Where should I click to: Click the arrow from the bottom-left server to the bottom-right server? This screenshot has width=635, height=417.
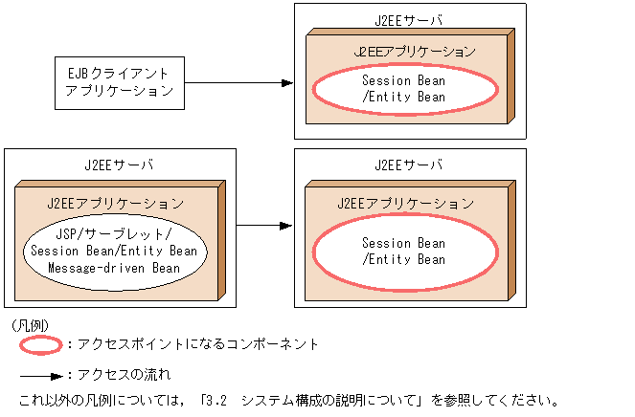pos(263,226)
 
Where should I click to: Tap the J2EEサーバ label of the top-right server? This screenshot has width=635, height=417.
pos(409,19)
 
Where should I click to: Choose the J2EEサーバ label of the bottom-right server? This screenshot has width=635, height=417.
pos(409,165)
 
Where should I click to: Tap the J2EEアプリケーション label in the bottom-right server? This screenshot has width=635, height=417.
pos(405,204)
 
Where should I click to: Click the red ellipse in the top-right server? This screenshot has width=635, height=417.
pos(405,89)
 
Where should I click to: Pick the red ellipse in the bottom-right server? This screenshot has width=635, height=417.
pos(405,252)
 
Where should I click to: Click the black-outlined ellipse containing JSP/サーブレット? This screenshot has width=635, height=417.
pos(114,252)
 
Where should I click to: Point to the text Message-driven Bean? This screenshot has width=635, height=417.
pos(114,268)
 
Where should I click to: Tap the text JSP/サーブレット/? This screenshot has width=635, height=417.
pos(114,234)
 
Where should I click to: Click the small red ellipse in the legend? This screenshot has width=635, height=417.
pos(40,343)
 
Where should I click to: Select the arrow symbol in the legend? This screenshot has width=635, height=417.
pos(40,374)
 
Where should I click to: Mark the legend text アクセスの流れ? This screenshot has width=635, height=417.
pos(121,374)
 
